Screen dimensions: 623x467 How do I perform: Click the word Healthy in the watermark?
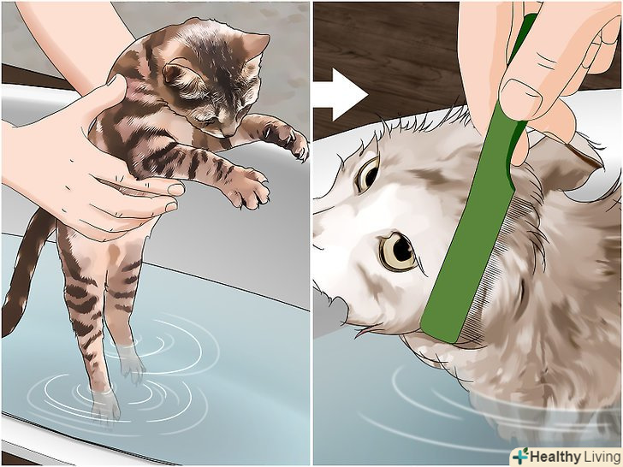coord(555,456)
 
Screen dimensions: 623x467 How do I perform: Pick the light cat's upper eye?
coord(367,174)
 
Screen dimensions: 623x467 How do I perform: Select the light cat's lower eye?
coord(398,251)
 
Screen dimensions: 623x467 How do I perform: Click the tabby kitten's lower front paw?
coord(247,189)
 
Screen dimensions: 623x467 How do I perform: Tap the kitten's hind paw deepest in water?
coord(105,405)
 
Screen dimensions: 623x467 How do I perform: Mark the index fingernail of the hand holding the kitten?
coord(176,189)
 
